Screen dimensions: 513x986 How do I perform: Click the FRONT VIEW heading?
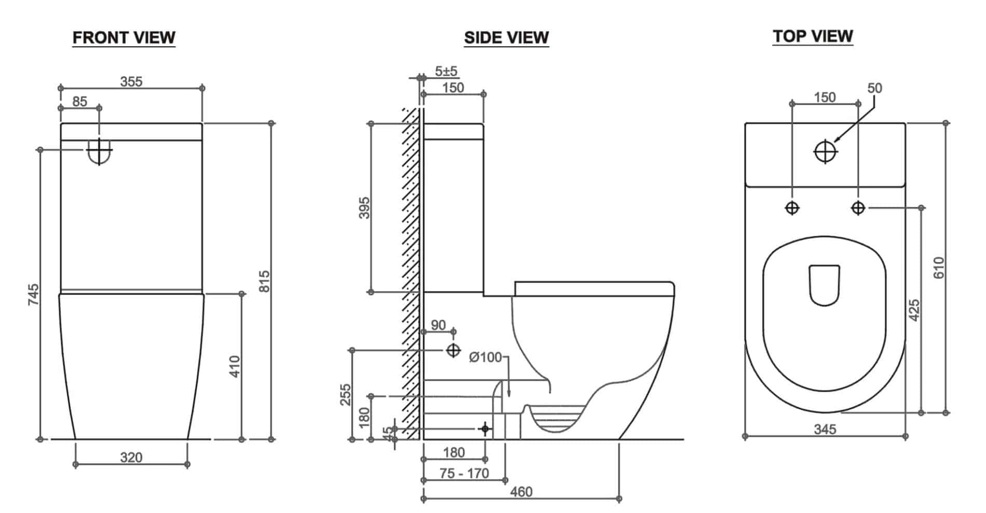(x=124, y=37)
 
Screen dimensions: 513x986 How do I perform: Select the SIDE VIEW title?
(x=506, y=37)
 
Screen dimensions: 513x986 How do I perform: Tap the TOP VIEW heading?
(x=812, y=36)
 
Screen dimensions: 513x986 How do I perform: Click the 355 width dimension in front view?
(x=131, y=81)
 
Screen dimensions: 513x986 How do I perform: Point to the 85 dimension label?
(x=79, y=101)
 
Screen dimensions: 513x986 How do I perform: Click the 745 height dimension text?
(x=33, y=294)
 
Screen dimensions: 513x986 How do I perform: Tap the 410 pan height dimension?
(x=235, y=366)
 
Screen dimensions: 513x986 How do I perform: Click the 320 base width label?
(x=131, y=457)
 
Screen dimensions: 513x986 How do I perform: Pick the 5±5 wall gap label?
(x=446, y=71)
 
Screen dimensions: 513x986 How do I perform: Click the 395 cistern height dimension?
(x=364, y=207)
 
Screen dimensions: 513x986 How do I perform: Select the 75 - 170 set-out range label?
(x=463, y=473)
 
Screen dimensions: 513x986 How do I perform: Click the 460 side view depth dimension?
(x=521, y=491)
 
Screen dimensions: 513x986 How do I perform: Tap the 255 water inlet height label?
(x=346, y=394)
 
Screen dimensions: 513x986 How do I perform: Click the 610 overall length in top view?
(x=939, y=268)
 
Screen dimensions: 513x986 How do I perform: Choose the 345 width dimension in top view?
(x=825, y=429)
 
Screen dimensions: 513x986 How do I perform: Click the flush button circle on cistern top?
(x=825, y=151)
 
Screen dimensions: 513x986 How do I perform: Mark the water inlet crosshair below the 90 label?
(x=453, y=351)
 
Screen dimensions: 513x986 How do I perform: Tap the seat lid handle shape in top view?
(x=824, y=285)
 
